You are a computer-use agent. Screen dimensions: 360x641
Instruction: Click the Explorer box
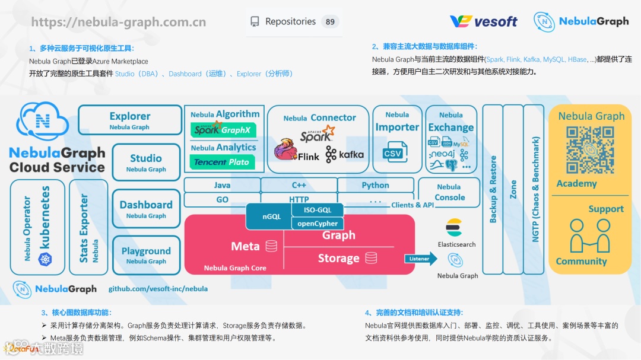pyautogui.click(x=129, y=120)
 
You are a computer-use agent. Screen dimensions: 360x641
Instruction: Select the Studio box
pyautogui.click(x=145, y=162)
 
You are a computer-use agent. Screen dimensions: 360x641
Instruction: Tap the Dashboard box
pyautogui.click(x=145, y=208)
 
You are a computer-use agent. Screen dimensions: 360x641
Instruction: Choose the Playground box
pyautogui.click(x=145, y=254)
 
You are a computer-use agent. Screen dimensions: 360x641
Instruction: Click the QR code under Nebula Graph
pyautogui.click(x=589, y=150)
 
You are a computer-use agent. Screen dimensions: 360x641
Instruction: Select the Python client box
pyautogui.click(x=375, y=185)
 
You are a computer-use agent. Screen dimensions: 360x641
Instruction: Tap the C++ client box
pyautogui.click(x=299, y=185)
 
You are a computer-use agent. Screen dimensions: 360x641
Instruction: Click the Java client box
pyautogui.click(x=222, y=185)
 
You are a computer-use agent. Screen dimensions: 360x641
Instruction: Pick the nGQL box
pyautogui.click(x=268, y=216)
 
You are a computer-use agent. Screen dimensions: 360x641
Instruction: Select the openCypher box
pyautogui.click(x=318, y=224)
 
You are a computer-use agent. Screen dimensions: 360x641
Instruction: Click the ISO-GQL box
pyautogui.click(x=318, y=210)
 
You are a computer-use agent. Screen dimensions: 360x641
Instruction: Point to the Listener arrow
pyautogui.click(x=421, y=259)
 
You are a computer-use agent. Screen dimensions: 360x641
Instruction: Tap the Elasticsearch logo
pyautogui.click(x=454, y=227)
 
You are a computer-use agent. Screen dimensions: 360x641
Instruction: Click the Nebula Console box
pyautogui.click(x=449, y=192)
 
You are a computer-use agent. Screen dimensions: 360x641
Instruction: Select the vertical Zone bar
pyautogui.click(x=513, y=189)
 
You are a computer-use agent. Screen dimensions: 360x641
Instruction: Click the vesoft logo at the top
pyautogui.click(x=483, y=22)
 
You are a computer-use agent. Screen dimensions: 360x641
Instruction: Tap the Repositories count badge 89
pyautogui.click(x=330, y=22)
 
